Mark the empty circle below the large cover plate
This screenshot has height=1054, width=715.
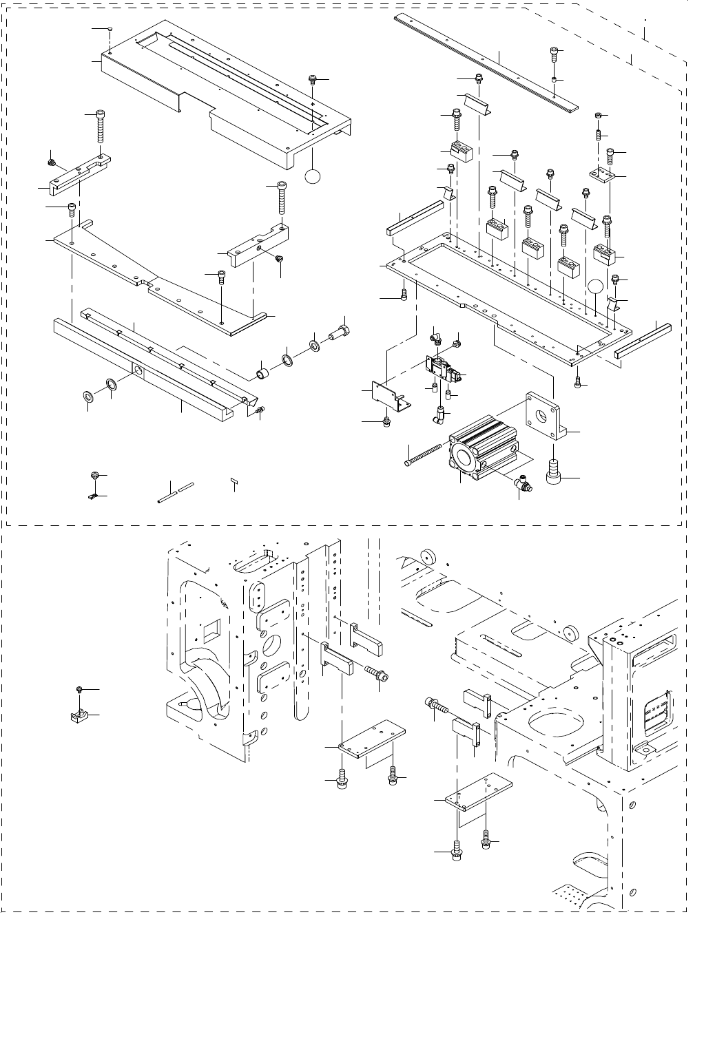pyautogui.click(x=313, y=177)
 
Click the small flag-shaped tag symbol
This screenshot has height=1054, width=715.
pyautogui.click(x=234, y=480)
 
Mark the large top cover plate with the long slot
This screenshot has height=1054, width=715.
pyautogui.click(x=227, y=93)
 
